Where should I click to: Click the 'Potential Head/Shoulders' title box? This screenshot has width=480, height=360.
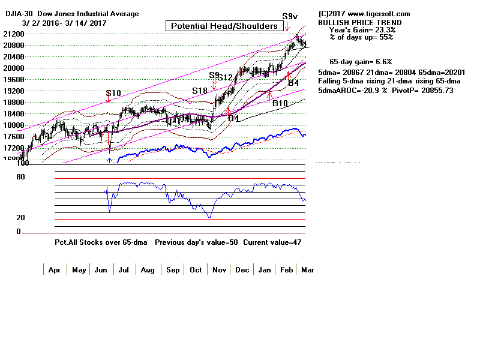click(224, 26)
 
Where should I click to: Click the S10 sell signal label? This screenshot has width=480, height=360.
click(113, 93)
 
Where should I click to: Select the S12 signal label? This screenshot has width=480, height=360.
click(225, 77)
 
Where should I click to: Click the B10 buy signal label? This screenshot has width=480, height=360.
click(280, 103)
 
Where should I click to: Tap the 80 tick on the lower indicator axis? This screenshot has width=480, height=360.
click(20, 177)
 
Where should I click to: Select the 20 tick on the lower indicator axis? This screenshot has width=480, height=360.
click(20, 218)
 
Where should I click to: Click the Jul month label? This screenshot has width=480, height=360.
click(124, 270)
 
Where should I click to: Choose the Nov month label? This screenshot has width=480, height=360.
click(218, 270)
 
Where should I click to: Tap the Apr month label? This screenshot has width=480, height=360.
click(54, 270)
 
